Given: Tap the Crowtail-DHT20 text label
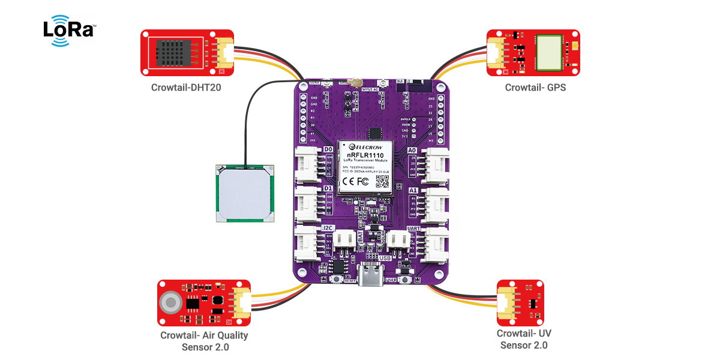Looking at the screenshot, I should (184, 88).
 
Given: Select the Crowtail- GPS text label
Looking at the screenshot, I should (535, 88).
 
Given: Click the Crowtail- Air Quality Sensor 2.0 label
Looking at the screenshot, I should (204, 341).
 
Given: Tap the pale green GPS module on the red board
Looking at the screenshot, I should (550, 52).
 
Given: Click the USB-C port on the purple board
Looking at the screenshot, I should (373, 277).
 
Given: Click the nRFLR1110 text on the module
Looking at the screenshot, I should (365, 155).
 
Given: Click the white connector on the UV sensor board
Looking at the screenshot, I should (505, 302).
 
